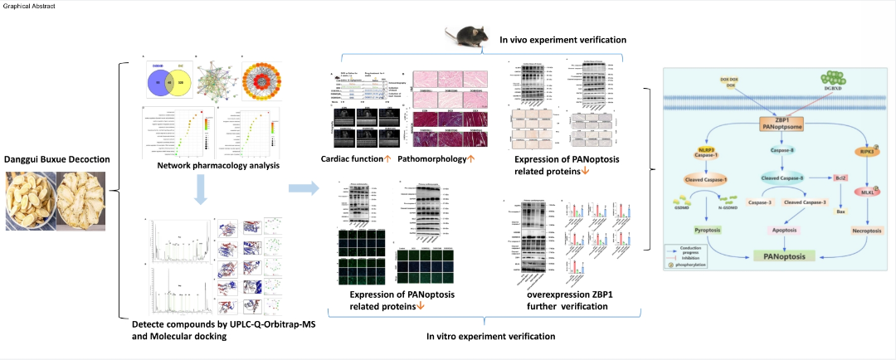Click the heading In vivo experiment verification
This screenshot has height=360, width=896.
(562, 39)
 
